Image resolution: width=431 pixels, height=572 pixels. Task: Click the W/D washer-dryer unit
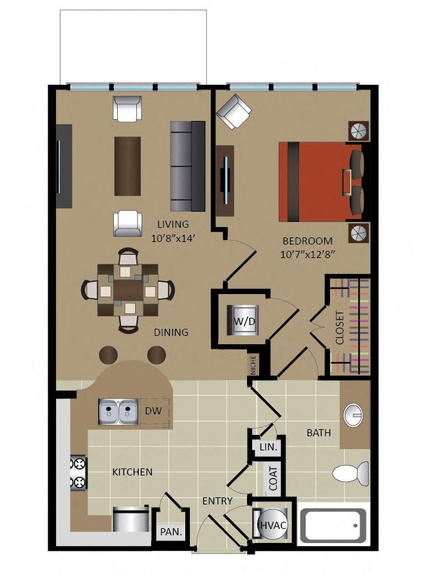243,320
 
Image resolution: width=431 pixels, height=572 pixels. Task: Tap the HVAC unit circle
272,525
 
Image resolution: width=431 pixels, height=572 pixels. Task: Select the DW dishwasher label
153,411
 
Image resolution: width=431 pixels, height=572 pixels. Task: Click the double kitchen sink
118,412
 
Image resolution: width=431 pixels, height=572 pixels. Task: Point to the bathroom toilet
351,474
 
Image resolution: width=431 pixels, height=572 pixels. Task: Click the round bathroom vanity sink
353,415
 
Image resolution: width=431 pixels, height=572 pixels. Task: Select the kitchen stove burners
78,473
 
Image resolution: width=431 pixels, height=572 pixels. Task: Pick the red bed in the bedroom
321,181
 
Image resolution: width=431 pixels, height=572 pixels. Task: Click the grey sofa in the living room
187,167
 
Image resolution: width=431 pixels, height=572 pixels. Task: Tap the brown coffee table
127,167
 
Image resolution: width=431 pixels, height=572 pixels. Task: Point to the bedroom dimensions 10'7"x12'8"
307,254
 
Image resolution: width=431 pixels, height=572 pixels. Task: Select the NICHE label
253,365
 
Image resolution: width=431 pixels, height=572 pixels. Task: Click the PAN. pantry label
171,532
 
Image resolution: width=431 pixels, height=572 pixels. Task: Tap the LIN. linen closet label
268,447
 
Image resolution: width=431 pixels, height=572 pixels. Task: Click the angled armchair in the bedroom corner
234,112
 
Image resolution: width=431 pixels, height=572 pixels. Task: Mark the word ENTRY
217,501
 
